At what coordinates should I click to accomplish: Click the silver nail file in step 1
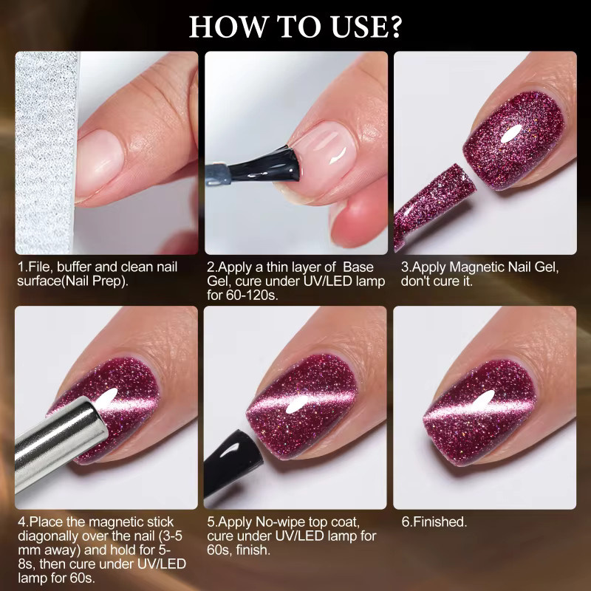(x=46, y=153)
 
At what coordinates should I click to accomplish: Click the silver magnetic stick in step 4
(x=61, y=442)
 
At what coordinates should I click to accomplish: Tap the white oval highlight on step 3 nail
(x=511, y=134)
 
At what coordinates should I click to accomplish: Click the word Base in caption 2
(x=358, y=267)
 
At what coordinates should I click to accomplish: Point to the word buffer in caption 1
(x=74, y=267)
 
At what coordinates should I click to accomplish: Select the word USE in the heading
(x=359, y=27)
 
